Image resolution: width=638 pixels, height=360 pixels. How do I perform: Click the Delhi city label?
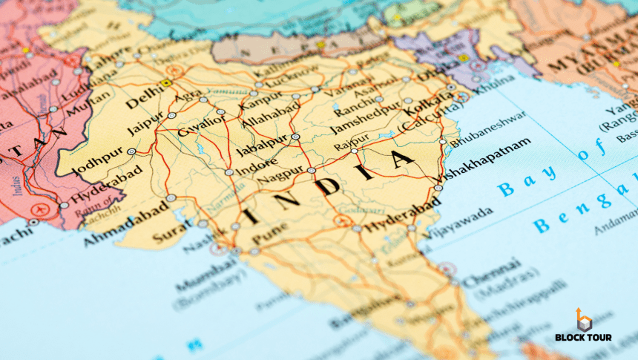tap(145, 97)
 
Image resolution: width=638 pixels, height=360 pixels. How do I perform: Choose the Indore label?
tap(256, 165)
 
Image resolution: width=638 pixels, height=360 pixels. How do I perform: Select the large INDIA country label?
tap(331, 186)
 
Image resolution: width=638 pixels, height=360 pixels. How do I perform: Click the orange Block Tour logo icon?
tap(585, 320)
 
